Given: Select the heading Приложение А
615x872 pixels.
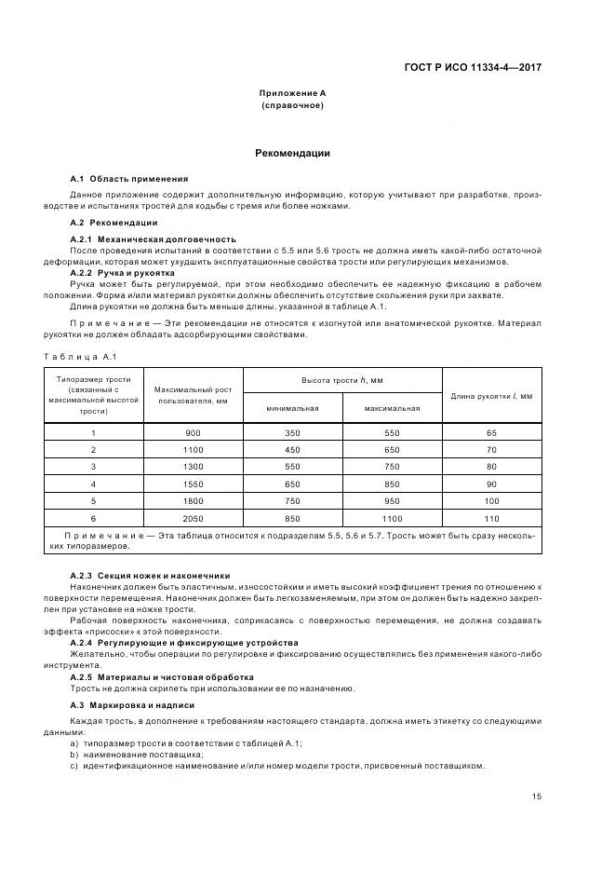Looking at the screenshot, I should click(x=292, y=93).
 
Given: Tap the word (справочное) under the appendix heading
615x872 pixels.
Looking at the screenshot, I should click(x=292, y=105).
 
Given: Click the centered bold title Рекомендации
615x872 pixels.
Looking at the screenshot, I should click(x=292, y=153).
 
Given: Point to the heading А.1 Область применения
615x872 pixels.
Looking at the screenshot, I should click(x=129, y=178).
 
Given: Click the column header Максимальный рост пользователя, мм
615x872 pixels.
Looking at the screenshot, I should click(x=193, y=394).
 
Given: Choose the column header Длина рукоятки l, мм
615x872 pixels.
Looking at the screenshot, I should click(x=491, y=395).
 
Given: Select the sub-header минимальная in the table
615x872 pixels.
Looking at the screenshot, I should click(x=292, y=408).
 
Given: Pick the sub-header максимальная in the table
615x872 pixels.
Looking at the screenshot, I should click(x=392, y=408).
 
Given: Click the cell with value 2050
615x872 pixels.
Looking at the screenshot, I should click(x=193, y=518).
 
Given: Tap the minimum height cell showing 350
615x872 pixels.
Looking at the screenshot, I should click(x=292, y=433).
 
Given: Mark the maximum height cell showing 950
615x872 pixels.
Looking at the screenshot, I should click(x=392, y=501).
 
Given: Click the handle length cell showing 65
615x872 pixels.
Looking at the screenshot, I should click(x=491, y=433).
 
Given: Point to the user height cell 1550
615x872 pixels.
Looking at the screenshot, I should click(x=193, y=484).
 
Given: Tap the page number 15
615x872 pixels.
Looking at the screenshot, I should click(x=537, y=796).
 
